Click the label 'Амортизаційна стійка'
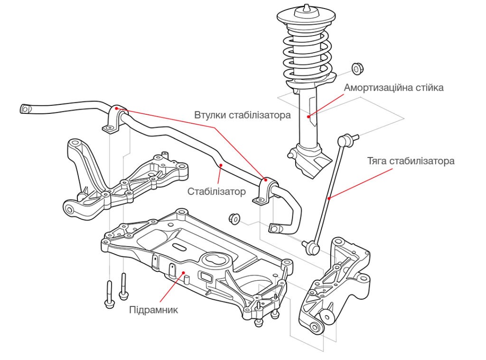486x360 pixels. coord(393,88)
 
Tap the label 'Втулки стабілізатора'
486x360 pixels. coord(242,115)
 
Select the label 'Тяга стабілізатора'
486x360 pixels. coord(411,161)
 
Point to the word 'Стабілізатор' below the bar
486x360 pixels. coord(216,192)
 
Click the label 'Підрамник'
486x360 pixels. coord(153,310)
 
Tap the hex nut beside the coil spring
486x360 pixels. coord(357,68)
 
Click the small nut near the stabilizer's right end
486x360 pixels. coord(234,218)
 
